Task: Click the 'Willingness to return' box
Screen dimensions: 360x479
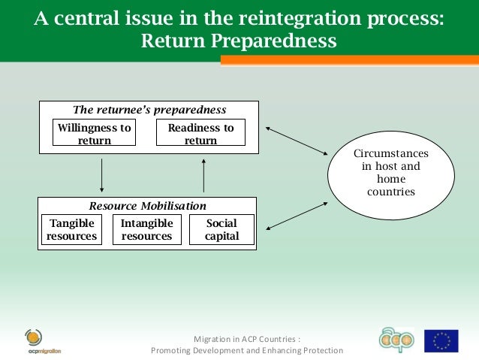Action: click(95, 134)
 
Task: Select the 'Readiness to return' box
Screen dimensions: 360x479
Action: click(200, 134)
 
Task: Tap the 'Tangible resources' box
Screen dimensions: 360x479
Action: click(71, 230)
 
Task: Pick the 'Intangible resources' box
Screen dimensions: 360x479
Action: click(146, 230)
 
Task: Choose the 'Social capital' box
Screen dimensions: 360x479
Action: click(221, 230)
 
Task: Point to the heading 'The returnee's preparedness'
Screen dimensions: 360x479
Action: click(149, 109)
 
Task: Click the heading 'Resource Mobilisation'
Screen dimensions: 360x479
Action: click(147, 205)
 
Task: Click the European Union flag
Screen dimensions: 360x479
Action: click(441, 341)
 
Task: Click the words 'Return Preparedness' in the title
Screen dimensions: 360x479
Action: click(239, 41)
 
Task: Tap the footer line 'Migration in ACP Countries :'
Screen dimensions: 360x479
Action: click(247, 338)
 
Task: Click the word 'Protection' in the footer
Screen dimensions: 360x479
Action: click(318, 351)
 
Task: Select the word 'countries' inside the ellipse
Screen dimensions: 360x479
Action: click(390, 192)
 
